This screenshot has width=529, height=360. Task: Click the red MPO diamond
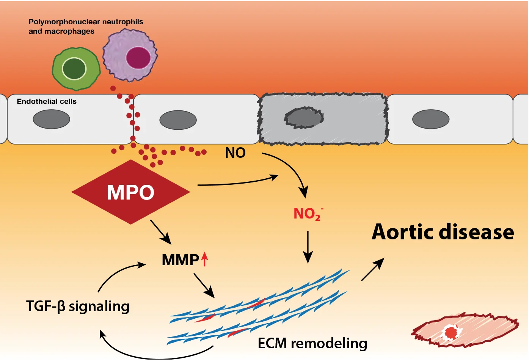(130, 192)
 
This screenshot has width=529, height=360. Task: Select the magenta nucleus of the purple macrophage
(138, 58)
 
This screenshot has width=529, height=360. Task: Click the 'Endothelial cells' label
(47, 101)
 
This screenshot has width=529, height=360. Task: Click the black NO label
(235, 153)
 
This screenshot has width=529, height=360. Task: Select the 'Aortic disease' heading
(443, 232)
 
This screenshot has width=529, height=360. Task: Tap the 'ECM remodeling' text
(312, 343)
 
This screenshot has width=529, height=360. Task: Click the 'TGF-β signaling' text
(78, 306)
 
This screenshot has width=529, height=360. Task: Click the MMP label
(180, 260)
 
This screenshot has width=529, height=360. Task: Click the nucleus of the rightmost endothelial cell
(431, 119)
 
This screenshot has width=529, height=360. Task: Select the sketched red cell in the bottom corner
(465, 330)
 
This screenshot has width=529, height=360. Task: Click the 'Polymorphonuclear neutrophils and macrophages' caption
(86, 27)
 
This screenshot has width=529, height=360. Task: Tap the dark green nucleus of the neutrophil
(74, 69)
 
